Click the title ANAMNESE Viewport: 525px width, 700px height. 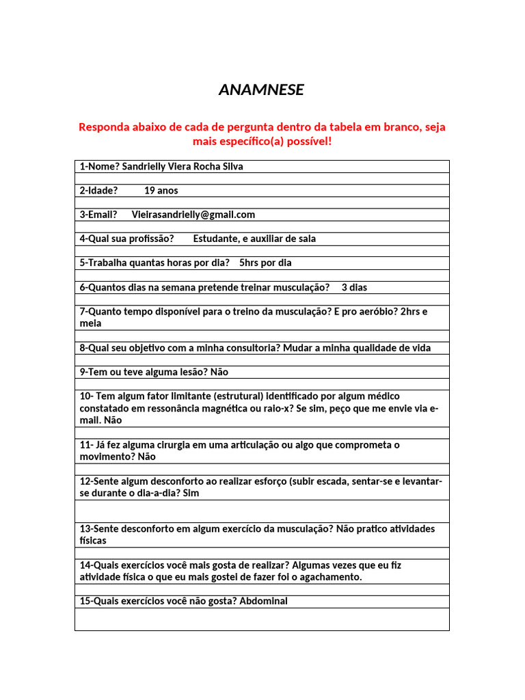[x=261, y=90]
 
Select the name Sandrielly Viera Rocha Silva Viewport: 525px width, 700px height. [x=182, y=166]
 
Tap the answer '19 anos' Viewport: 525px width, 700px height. [x=161, y=191]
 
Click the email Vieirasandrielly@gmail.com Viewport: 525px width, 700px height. [x=193, y=215]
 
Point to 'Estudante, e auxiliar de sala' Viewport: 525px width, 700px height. [x=254, y=239]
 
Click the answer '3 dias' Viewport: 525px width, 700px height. [x=354, y=287]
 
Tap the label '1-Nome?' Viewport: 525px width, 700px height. [x=99, y=166]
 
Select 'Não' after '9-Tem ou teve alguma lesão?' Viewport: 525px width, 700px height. [x=219, y=372]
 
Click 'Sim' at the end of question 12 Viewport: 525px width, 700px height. [x=191, y=493]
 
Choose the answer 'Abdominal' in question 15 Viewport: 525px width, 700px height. [x=263, y=602]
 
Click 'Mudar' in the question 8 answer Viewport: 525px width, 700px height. [x=297, y=348]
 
